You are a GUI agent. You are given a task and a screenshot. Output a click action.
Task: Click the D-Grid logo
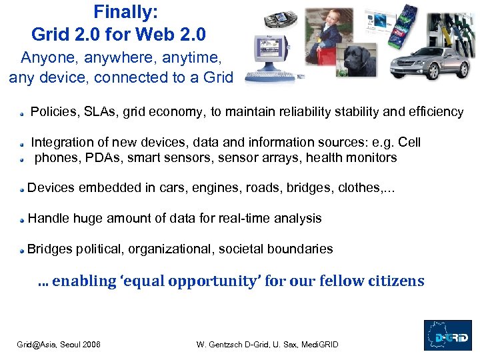(x=447, y=335)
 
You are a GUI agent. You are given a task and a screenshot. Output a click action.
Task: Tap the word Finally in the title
(x=125, y=11)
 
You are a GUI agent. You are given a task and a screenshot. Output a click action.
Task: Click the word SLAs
(x=96, y=112)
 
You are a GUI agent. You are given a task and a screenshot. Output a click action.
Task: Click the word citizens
(x=394, y=281)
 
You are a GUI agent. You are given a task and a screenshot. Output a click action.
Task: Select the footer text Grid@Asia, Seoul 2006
(x=59, y=344)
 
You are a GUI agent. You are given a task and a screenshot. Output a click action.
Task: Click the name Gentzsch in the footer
(x=234, y=344)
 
